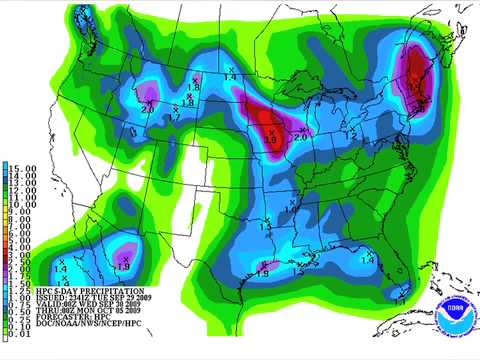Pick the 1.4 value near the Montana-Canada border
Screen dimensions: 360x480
click(x=229, y=76)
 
